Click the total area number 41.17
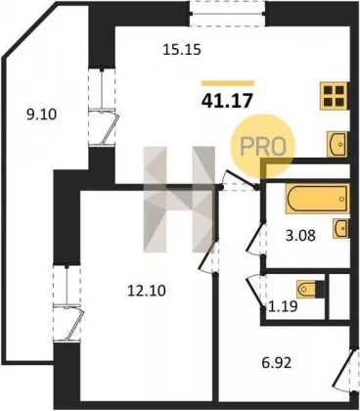[227, 101]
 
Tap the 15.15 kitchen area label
[182, 50]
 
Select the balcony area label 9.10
[41, 114]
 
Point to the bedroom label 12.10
[147, 291]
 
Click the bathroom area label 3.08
[300, 235]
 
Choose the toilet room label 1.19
[283, 306]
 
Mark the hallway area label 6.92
[277, 362]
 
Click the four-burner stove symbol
[334, 96]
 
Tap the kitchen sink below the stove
[337, 144]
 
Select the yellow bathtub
[318, 199]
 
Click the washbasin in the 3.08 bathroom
[341, 228]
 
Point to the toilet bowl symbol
[310, 289]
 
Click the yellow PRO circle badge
[263, 147]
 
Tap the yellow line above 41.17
[228, 83]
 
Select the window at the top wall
[227, 13]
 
